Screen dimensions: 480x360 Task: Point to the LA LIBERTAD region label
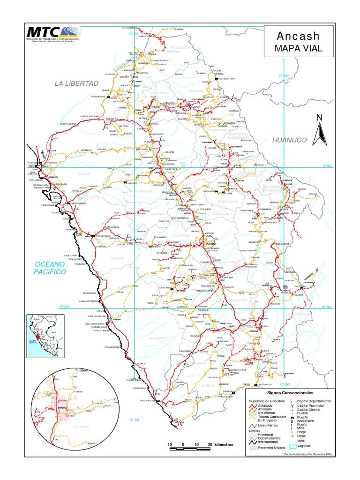(x=77, y=83)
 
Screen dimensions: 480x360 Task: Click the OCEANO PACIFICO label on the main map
(x=49, y=268)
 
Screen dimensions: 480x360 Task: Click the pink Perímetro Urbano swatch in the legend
(x=253, y=448)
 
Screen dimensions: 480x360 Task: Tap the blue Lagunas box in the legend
(x=293, y=446)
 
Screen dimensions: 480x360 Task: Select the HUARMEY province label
(x=154, y=337)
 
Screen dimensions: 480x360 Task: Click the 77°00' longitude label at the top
(x=284, y=75)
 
